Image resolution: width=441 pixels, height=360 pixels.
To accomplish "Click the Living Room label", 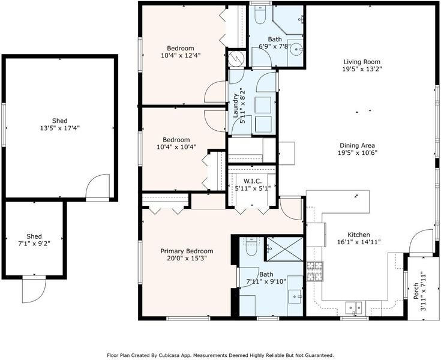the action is [x=362, y=62].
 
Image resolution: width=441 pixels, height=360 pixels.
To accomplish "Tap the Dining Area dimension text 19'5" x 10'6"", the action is [x=357, y=153].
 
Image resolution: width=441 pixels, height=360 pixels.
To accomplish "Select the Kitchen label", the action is [x=359, y=235].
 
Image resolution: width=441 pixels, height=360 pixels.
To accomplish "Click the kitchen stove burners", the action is [x=315, y=271].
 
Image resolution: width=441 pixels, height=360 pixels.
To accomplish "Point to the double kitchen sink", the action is [x=354, y=307].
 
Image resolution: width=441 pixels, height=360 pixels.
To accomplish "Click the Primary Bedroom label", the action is [x=187, y=251].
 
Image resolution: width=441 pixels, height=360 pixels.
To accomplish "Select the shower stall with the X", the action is [x=285, y=249].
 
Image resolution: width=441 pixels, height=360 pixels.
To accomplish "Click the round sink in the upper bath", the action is [x=296, y=50].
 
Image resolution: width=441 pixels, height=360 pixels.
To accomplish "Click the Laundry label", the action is [x=236, y=106].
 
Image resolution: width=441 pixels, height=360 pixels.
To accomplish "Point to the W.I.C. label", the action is [x=252, y=181].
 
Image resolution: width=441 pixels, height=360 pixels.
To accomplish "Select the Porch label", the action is [x=415, y=290].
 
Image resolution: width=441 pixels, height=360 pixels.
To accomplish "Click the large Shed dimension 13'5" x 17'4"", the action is [x=60, y=128].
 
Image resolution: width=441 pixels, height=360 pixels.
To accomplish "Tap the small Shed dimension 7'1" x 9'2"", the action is [x=34, y=244].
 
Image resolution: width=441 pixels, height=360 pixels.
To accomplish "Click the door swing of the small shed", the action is [x=34, y=290].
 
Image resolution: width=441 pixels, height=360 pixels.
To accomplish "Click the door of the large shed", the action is [x=97, y=187].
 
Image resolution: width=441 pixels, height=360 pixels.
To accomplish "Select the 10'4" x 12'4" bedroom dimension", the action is [x=181, y=55].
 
